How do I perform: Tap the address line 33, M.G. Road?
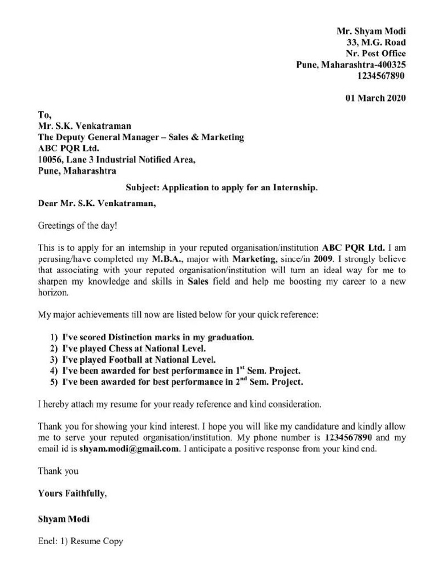[376, 42]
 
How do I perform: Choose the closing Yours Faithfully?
[72, 494]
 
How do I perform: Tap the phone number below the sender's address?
[382, 75]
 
